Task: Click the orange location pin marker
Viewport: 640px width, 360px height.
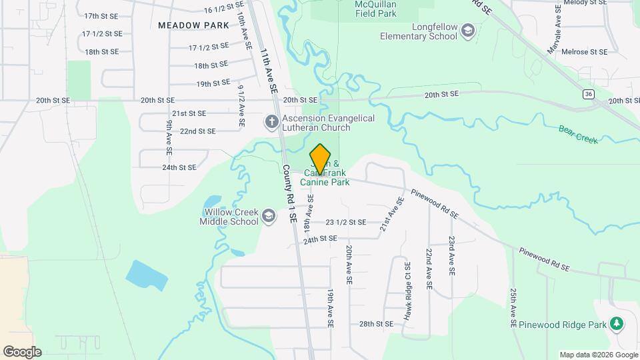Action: [321, 159]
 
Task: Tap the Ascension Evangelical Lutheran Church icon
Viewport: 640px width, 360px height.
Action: [271, 122]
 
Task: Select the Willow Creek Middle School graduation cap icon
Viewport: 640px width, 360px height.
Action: [268, 215]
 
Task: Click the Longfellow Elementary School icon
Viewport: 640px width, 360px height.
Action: [468, 31]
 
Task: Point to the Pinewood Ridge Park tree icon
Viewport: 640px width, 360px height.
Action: [617, 324]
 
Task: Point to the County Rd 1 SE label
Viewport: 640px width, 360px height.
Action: [289, 193]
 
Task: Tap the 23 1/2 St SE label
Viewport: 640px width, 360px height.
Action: [346, 222]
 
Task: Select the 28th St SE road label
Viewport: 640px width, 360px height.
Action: [377, 324]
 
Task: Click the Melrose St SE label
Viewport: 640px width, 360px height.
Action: [585, 51]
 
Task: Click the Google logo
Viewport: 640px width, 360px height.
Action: [22, 352]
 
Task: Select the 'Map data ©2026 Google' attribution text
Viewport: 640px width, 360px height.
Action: [599, 355]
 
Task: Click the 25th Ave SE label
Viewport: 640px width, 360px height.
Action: [513, 307]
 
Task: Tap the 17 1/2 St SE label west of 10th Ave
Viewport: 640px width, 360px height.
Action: [102, 33]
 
